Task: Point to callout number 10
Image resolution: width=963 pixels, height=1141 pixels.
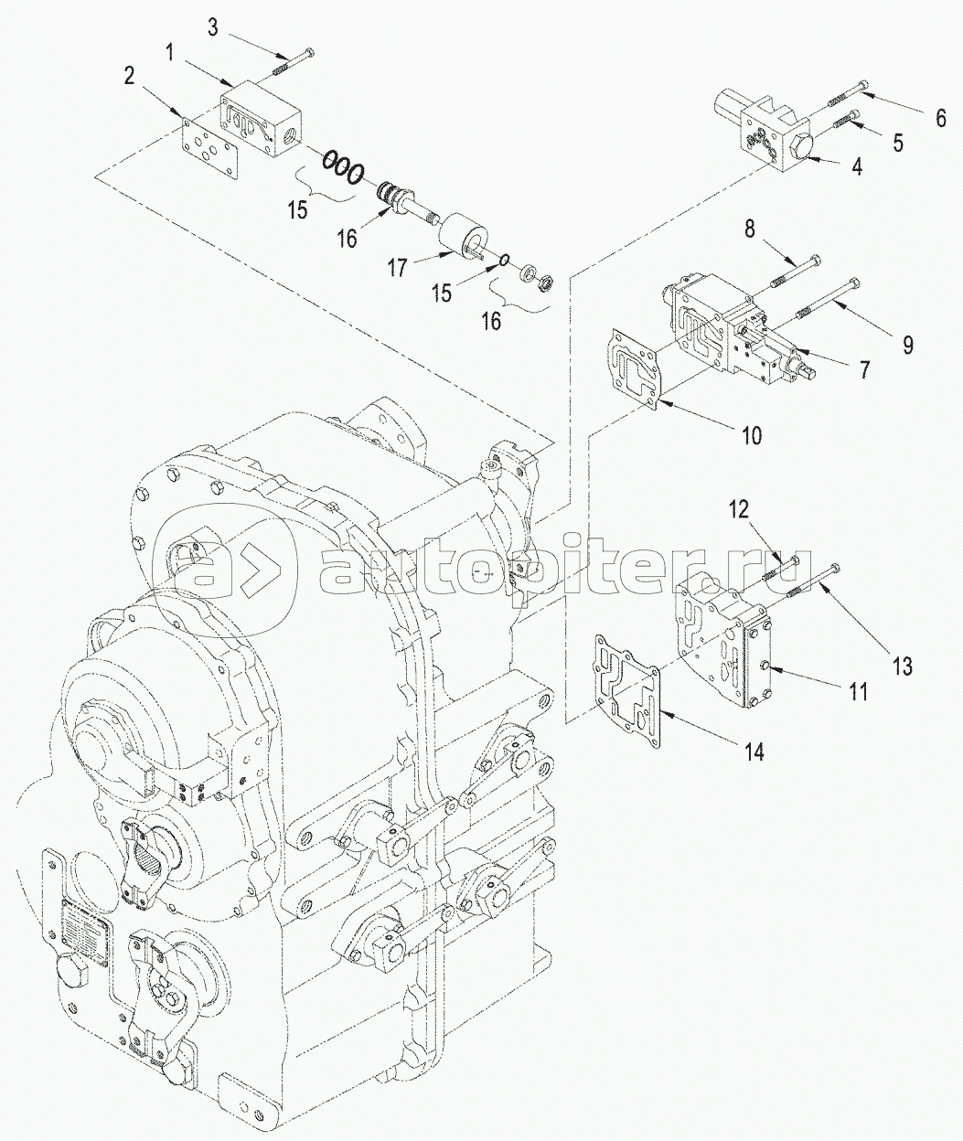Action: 750,434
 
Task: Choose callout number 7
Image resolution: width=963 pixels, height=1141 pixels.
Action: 863,371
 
